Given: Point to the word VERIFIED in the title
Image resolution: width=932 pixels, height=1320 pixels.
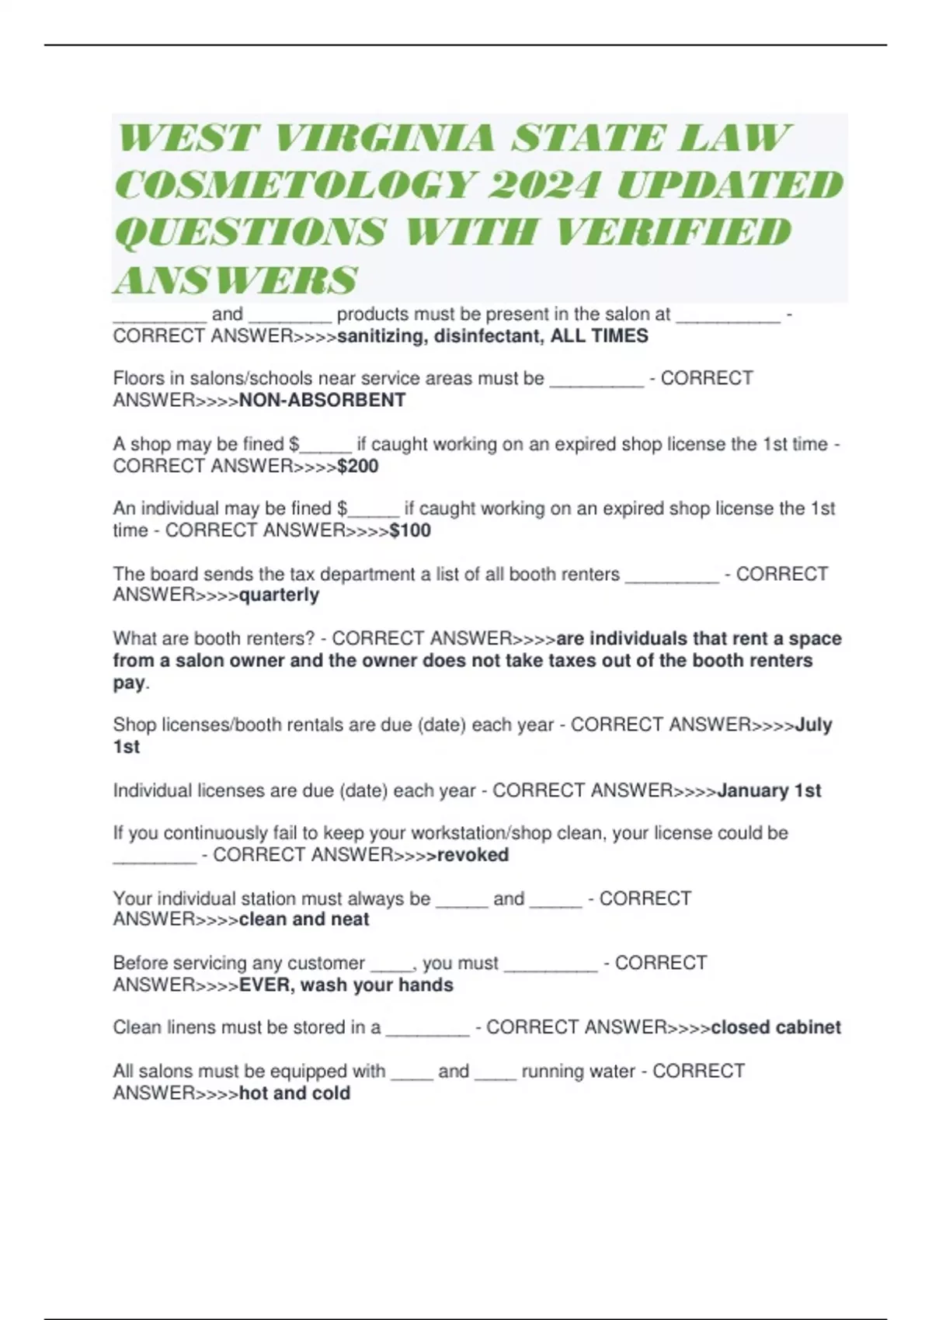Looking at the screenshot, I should (x=674, y=232).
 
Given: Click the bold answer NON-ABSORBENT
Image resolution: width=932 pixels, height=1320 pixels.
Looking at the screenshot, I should (x=322, y=401).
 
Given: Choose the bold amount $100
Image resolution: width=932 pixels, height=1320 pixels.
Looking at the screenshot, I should (x=410, y=531).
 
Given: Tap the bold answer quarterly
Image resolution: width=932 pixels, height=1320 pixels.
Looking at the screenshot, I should (x=279, y=596).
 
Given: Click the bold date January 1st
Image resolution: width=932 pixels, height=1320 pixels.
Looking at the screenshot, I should (x=769, y=791).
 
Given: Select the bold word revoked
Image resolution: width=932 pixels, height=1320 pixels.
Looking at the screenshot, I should (x=473, y=856).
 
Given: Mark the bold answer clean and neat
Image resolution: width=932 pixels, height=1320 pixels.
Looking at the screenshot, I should (x=304, y=920).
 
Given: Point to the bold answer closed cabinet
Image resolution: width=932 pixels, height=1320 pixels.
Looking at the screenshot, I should (x=776, y=1028).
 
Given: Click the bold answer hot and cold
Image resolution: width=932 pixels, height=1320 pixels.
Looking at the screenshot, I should (x=294, y=1093).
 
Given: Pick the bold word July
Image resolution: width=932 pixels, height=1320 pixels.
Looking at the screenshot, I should (x=814, y=725).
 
